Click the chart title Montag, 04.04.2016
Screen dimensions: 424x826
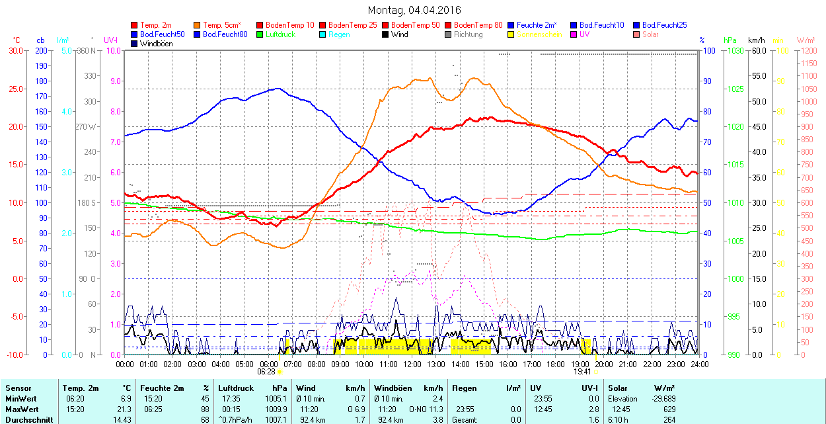(414, 10)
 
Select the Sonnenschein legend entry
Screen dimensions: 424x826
(535, 34)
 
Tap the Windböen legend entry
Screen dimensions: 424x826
(151, 44)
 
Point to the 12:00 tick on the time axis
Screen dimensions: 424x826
(412, 364)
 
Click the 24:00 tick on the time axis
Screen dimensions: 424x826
(700, 364)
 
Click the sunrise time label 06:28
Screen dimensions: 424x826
(266, 372)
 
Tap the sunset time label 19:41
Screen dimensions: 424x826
(581, 372)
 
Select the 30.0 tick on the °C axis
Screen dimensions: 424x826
(15, 50)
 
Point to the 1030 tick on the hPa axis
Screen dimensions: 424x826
(735, 50)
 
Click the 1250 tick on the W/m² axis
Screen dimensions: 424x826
(807, 50)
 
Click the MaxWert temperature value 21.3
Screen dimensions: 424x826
(125, 409)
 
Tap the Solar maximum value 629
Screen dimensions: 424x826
(669, 409)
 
